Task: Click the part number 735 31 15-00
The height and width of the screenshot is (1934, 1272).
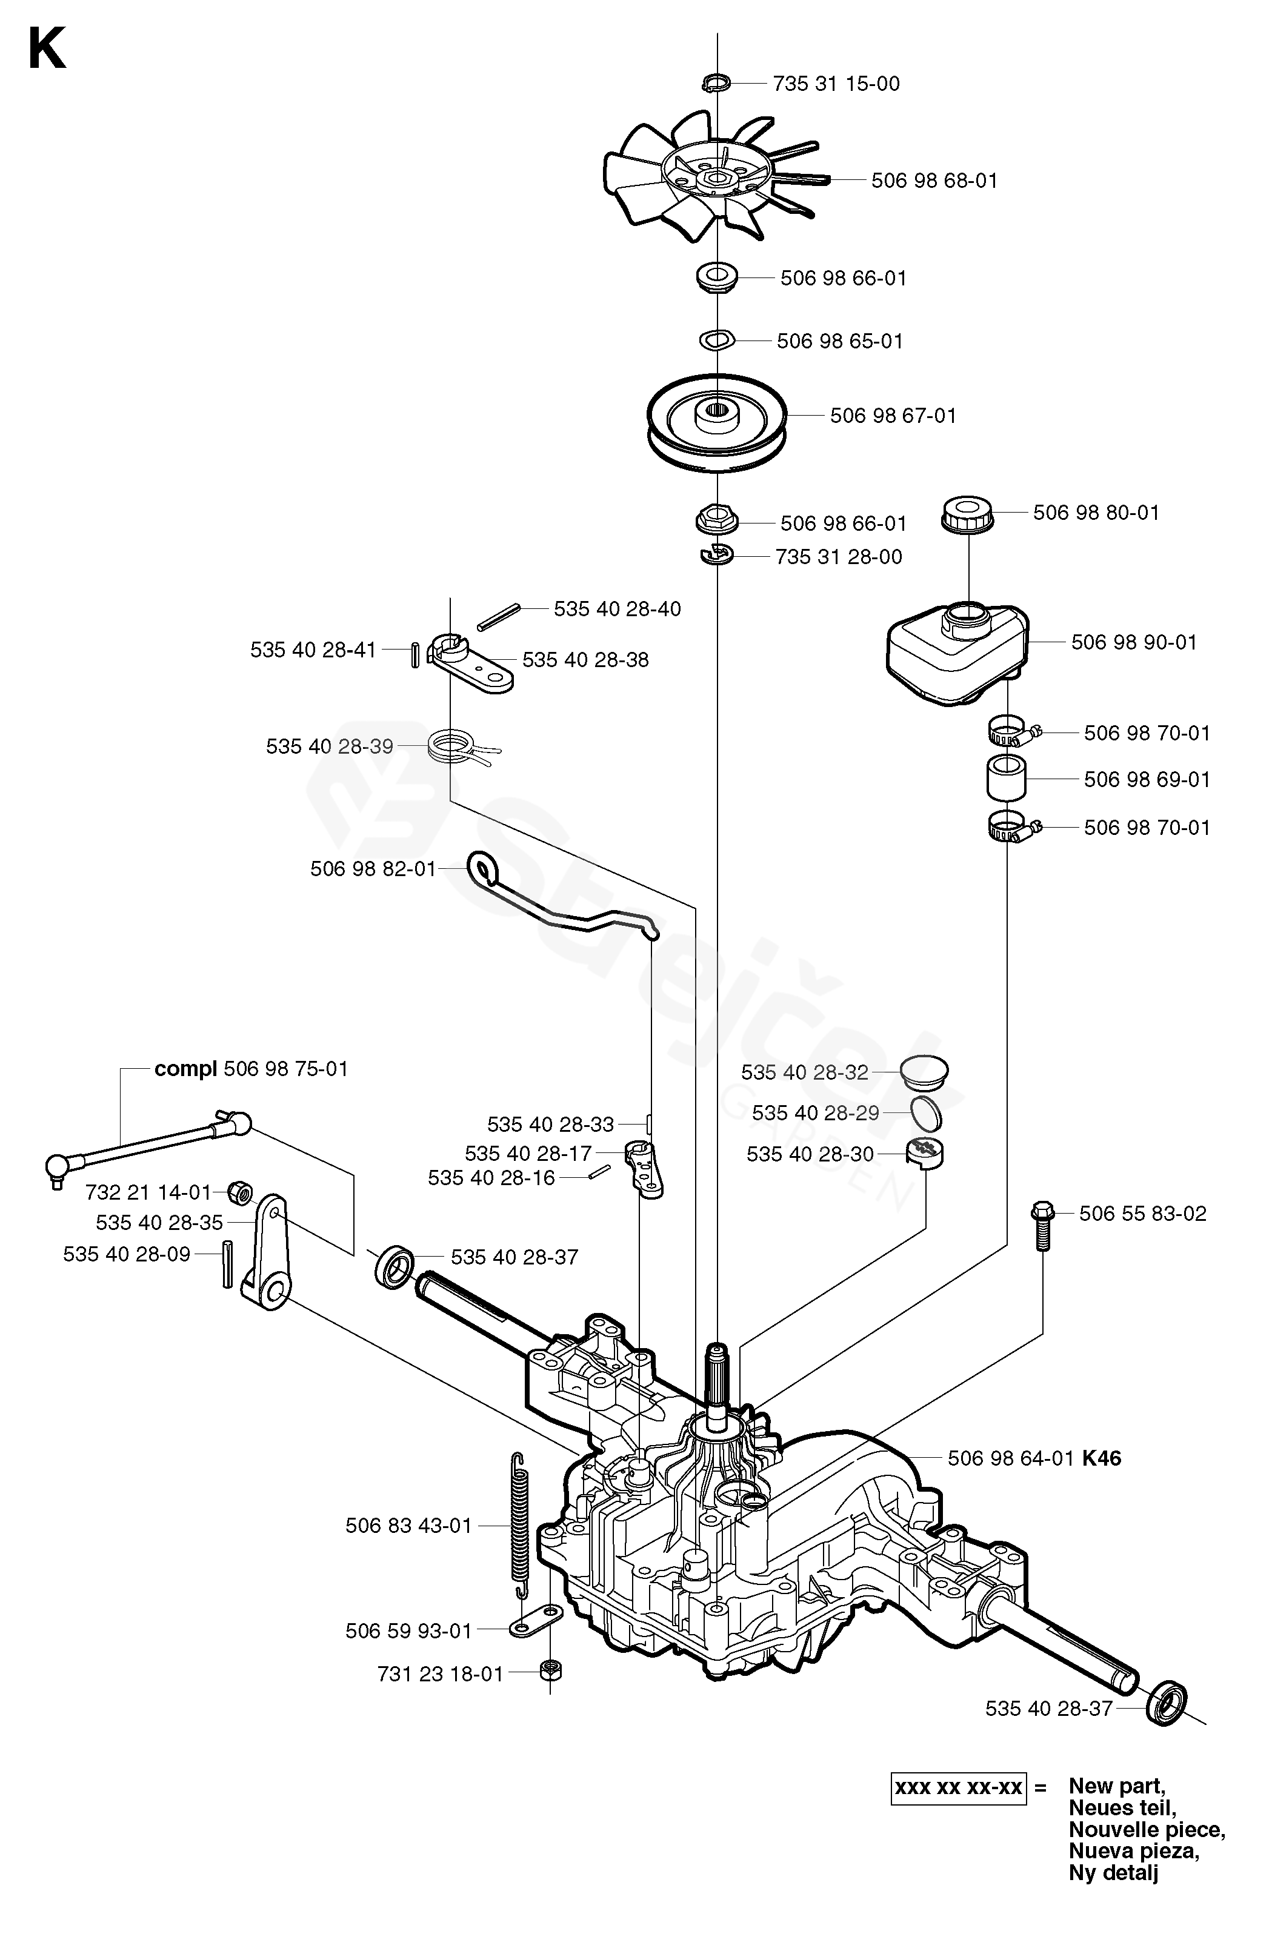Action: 836,84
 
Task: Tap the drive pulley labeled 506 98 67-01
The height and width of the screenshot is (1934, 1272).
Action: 717,422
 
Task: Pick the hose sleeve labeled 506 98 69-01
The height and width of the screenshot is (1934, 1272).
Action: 1006,779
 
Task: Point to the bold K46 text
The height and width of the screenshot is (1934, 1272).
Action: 1101,1458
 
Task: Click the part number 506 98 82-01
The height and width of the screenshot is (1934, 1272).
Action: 374,869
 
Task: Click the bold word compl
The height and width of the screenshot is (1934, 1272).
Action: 185,1069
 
